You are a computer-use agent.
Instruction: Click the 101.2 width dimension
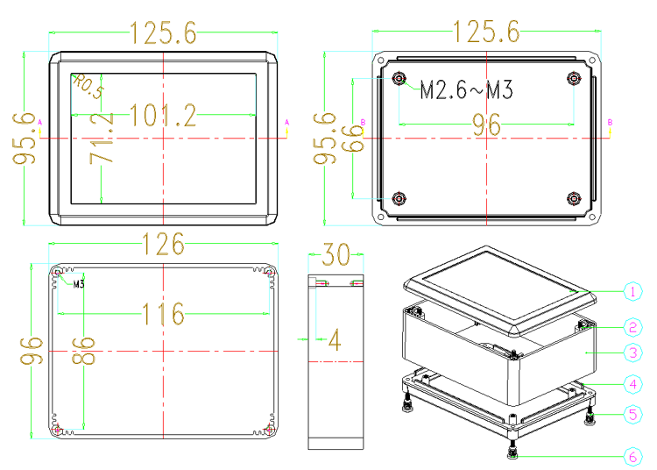pyautogui.click(x=163, y=115)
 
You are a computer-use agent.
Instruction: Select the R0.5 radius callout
pyautogui.click(x=88, y=86)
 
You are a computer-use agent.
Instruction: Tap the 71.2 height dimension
pyautogui.click(x=102, y=138)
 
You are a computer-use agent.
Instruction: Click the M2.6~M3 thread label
pyautogui.click(x=466, y=89)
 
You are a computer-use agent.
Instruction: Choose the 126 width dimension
pyautogui.click(x=163, y=244)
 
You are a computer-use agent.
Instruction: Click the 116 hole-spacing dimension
pyautogui.click(x=163, y=314)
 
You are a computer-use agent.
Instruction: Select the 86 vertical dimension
pyautogui.click(x=83, y=350)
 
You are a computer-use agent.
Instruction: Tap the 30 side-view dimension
pyautogui.click(x=336, y=254)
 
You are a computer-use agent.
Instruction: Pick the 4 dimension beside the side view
pyautogui.click(x=335, y=339)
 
